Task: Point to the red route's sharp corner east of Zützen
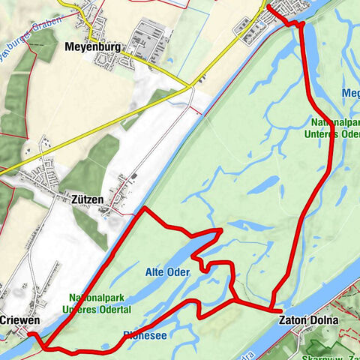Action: coord(143,210)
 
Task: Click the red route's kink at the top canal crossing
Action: coord(301,25)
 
